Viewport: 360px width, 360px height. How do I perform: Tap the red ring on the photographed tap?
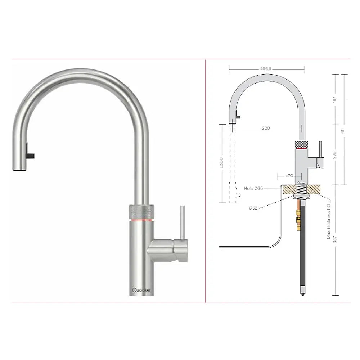[141, 219]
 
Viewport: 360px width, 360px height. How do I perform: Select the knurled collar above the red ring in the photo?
[141, 211]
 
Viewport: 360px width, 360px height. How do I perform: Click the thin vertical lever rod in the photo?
[183, 221]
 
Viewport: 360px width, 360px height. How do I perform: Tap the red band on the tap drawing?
[302, 148]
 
